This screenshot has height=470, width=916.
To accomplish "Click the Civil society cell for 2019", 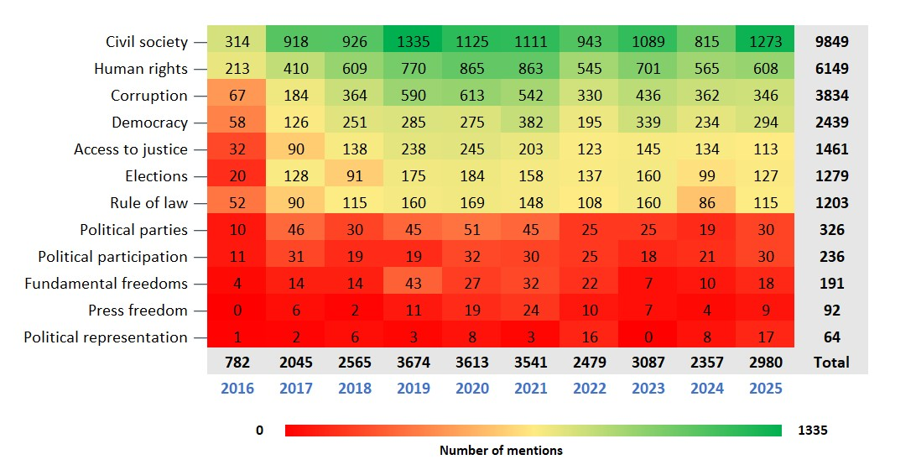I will [414, 42].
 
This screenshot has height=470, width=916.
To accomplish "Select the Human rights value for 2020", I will [472, 69].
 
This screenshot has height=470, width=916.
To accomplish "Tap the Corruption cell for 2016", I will [237, 96].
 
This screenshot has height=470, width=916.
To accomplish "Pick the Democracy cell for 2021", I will [531, 123].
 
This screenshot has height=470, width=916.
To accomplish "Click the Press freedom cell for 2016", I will [237, 311].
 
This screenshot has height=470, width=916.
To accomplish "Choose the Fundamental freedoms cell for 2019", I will [414, 284].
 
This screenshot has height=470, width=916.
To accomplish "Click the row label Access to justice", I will [130, 149].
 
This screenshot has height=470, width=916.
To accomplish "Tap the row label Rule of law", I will [148, 203].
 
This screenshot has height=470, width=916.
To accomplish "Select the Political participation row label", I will [112, 257].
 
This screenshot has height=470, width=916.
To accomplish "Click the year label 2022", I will [589, 389].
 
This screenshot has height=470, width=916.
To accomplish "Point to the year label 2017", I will [296, 389].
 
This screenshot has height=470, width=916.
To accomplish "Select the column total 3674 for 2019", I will [414, 363].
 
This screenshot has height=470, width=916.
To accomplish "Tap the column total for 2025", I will [765, 363].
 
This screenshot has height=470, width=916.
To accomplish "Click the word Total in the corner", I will [831, 363].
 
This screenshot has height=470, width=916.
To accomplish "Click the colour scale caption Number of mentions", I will [501, 450].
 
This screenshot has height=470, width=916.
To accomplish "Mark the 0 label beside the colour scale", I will [259, 431].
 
